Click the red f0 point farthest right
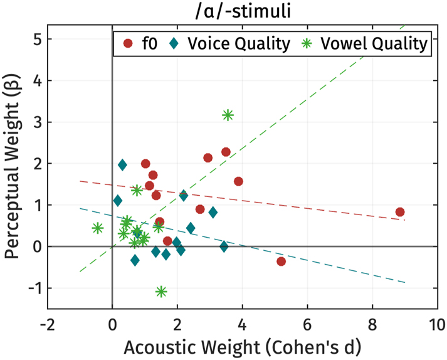point(400,212)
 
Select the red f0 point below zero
point(281,261)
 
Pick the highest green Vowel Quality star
point(228,115)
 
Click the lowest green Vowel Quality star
point(161,292)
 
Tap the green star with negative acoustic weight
point(97,228)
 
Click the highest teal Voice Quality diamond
point(122,165)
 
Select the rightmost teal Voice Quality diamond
point(224,246)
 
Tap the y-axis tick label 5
point(37,39)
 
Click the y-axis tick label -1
point(34,288)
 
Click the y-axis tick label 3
point(37,122)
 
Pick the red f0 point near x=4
point(238,181)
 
